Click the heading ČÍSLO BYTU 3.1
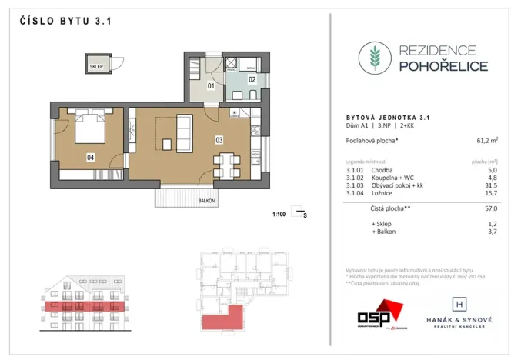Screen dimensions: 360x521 point(65,22)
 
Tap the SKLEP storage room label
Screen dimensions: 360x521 point(96,65)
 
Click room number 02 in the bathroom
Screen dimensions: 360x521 point(251,78)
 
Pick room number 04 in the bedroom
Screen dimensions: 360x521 point(90,157)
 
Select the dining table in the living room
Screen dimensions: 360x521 point(226,162)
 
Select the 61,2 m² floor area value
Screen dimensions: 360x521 point(483,140)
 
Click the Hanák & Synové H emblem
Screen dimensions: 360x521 point(458,298)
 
